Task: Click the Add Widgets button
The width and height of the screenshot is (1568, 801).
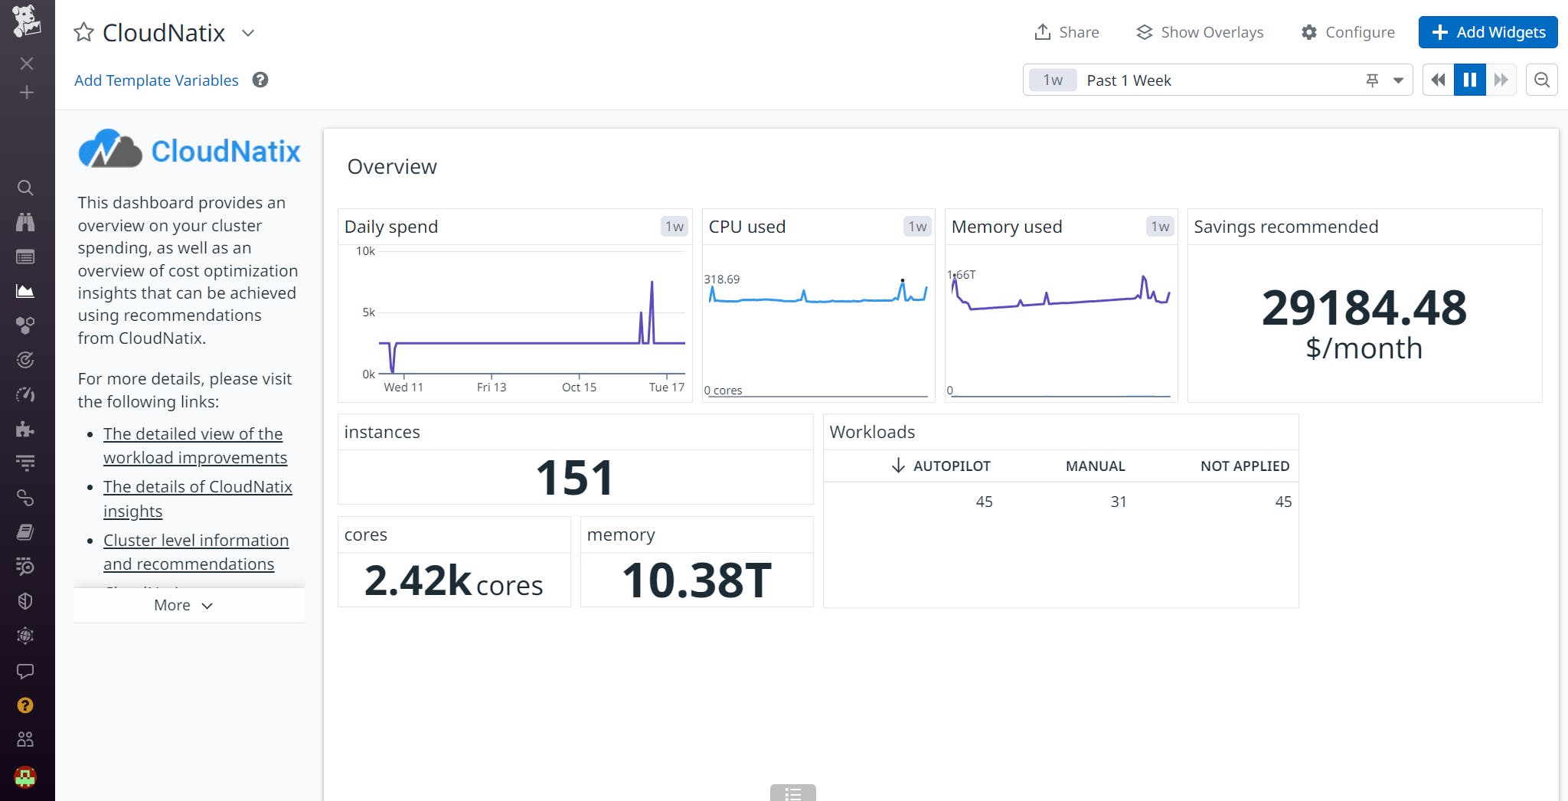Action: pos(1488,32)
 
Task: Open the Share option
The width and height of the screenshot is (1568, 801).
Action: pos(1067,32)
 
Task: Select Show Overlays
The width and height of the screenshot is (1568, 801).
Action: pos(1200,32)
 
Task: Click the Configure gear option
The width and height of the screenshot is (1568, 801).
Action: pos(1347,32)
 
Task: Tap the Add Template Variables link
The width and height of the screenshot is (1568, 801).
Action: pos(156,80)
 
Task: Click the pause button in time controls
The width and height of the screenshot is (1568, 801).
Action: pos(1469,80)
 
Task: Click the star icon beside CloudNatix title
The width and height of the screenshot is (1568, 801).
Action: pos(83,32)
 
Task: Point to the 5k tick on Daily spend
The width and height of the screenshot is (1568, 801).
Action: pos(368,312)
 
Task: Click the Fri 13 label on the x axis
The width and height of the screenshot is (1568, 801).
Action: pos(491,387)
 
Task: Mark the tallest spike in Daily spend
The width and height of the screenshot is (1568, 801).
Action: pos(652,283)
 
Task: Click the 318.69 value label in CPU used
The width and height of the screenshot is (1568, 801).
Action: pos(721,280)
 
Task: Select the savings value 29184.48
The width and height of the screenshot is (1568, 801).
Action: pos(1364,308)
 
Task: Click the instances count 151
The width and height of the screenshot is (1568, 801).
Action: pos(574,478)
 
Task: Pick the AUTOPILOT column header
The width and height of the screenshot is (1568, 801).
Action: pos(951,466)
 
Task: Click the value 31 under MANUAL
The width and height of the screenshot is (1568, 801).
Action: pos(1118,502)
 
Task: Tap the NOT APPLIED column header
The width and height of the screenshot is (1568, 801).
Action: pos(1244,466)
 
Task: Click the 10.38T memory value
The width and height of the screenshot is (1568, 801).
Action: pos(696,580)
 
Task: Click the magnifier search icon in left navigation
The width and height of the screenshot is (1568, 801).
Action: pos(25,188)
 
